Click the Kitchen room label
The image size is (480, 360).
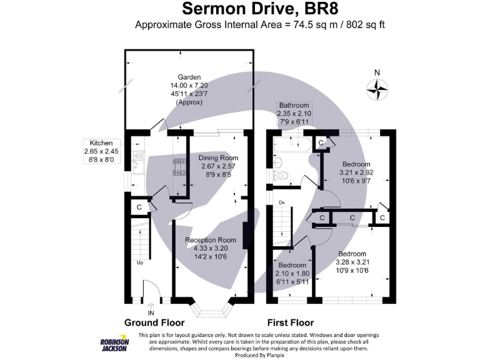[101, 143]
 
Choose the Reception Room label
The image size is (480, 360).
[210, 240]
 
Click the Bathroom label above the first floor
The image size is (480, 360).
[294, 105]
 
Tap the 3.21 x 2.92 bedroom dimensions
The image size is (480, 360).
[356, 173]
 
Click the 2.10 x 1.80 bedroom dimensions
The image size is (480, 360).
[292, 273]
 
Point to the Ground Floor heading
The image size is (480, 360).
[154, 323]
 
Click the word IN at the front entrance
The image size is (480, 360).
[150, 312]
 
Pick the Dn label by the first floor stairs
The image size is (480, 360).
[282, 203]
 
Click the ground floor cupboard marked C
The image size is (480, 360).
[139, 206]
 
